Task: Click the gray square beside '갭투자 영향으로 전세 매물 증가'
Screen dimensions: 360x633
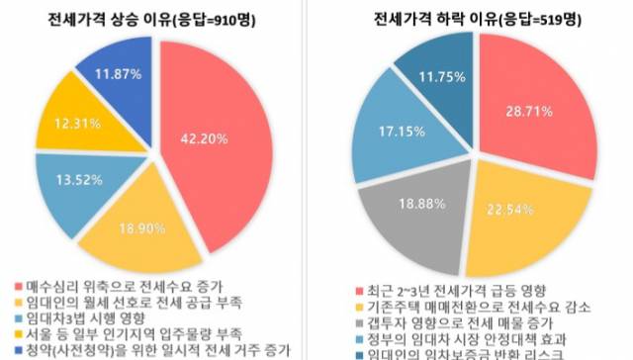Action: pyautogui.click(x=361, y=322)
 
